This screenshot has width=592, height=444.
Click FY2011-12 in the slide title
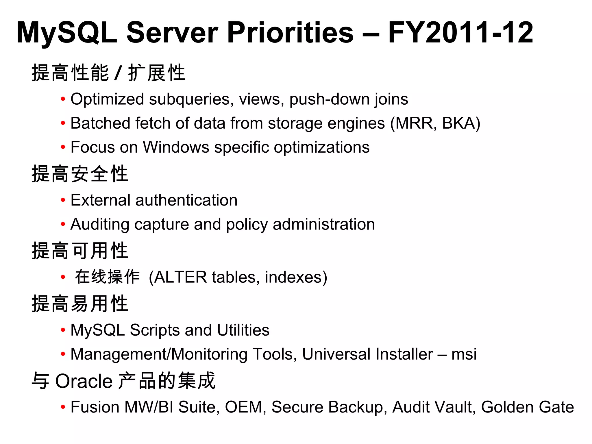(460, 33)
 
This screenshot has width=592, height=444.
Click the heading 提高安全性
(80, 174)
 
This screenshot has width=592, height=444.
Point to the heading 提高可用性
(80, 251)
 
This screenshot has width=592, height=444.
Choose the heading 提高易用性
(80, 304)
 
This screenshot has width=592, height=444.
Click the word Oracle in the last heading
(84, 381)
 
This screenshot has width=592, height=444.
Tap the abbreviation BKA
(459, 123)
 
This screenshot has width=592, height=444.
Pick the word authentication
(186, 200)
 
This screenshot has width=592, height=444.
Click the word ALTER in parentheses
(181, 277)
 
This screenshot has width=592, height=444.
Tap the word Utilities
(243, 330)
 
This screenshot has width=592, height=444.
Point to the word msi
(464, 354)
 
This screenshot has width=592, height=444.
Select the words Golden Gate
(527, 407)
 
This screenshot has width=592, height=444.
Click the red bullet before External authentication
(63, 200)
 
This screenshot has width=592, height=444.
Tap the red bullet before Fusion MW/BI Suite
(63, 407)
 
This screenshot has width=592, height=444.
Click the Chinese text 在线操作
(107, 277)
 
